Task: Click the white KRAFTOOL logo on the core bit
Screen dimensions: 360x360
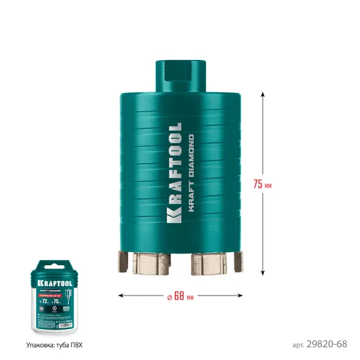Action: (x=175, y=172)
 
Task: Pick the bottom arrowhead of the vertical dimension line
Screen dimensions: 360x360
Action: (x=262, y=272)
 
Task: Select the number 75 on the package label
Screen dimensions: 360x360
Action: (x=59, y=301)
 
